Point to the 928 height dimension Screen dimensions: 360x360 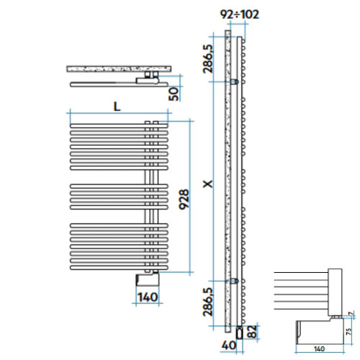click(x=184, y=199)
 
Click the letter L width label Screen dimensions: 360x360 click(x=116, y=105)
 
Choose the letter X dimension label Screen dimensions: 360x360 click(x=207, y=184)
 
